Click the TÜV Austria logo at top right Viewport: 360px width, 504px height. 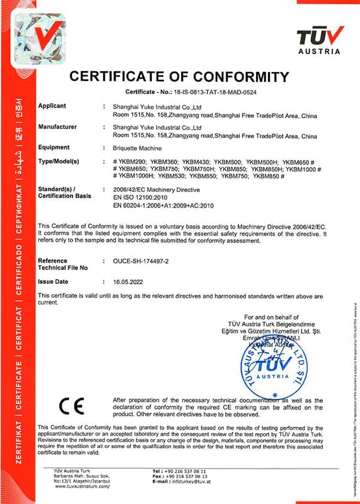click(x=320, y=40)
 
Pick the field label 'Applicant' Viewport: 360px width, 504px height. click(x=52, y=106)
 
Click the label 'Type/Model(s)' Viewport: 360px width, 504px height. click(x=59, y=162)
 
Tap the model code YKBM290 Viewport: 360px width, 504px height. click(x=130, y=162)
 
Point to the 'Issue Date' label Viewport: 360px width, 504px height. click(x=53, y=281)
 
